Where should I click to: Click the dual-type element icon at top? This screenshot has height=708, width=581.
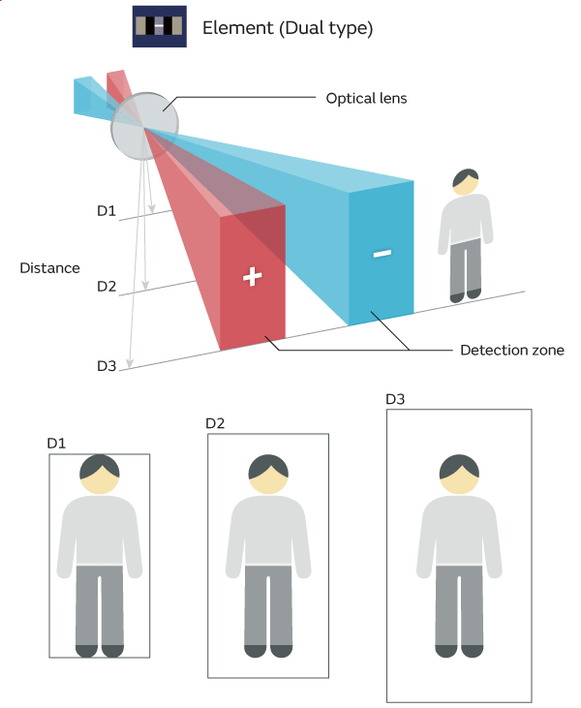[x=159, y=27]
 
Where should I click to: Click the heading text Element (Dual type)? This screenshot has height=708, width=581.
[x=288, y=28]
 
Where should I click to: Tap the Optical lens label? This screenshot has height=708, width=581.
[x=366, y=98]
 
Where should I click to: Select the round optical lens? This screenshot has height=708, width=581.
[x=145, y=126]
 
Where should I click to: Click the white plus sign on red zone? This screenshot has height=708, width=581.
[x=252, y=277]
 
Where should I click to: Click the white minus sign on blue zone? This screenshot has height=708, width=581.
[x=382, y=254]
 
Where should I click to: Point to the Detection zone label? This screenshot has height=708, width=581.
[x=511, y=349]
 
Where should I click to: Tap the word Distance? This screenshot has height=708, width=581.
[x=49, y=267]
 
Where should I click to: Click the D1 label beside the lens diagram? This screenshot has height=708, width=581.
[x=107, y=211]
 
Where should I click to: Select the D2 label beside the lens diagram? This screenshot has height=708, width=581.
[x=107, y=287]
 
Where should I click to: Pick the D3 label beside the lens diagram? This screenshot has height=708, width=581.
[x=107, y=365]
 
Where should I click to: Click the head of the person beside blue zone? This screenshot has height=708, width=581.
[x=466, y=182]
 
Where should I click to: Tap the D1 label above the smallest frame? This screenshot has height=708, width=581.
[x=56, y=443]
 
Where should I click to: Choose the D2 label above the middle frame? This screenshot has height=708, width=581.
[x=215, y=423]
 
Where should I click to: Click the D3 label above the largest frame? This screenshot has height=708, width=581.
[x=395, y=399]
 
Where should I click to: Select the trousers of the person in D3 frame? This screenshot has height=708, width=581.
[x=460, y=604]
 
